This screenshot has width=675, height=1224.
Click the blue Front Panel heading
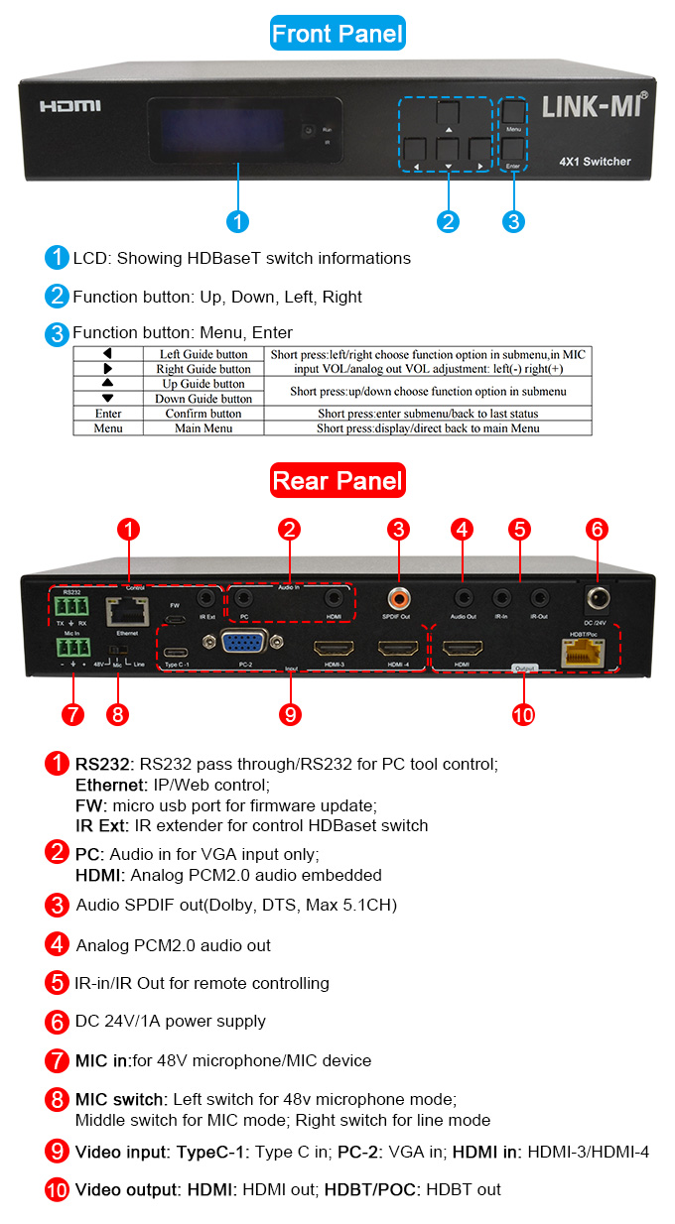337,34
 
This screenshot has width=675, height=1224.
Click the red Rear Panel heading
337,482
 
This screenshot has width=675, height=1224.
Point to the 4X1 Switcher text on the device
594,161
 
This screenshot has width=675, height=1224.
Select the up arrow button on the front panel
448,116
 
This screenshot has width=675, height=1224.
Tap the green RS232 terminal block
70,605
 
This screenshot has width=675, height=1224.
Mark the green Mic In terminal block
71,649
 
